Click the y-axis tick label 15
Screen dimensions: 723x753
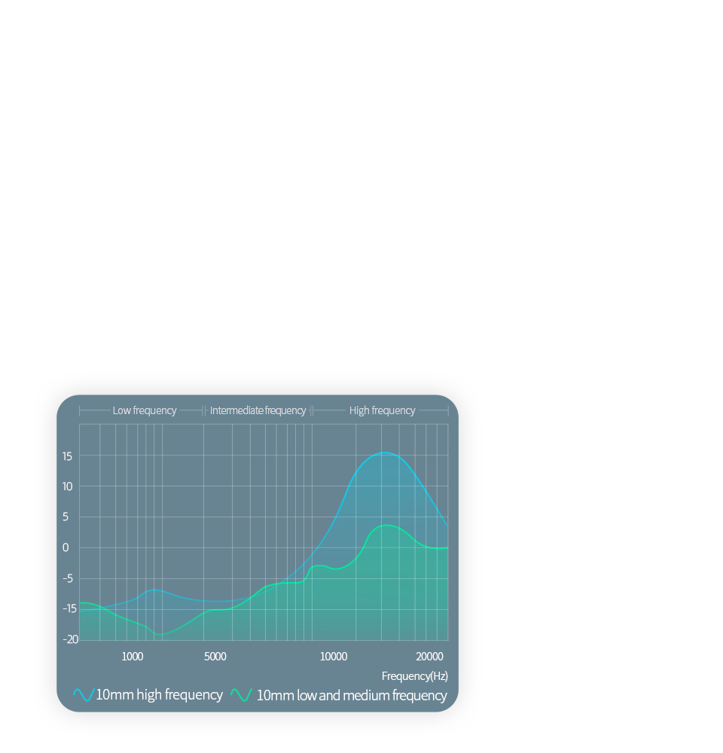tap(67, 456)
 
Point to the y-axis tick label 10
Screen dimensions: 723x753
tap(67, 486)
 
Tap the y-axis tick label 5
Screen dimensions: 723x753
tap(66, 517)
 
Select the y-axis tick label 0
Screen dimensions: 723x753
tap(66, 547)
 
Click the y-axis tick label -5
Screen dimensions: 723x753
tap(68, 578)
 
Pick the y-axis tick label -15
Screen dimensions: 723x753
tap(69, 608)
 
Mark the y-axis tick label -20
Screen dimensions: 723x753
tap(70, 639)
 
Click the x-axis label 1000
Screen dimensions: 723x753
tap(132, 657)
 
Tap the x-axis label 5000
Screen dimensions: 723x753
tap(215, 657)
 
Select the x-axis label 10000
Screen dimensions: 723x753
tap(334, 657)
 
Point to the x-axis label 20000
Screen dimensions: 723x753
tap(429, 657)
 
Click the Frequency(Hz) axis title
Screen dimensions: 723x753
tap(414, 676)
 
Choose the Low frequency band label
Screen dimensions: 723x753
tap(145, 410)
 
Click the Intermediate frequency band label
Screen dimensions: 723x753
tap(258, 410)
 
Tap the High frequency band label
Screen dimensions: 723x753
tap(382, 410)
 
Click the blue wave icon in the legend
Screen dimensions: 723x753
tap(84, 695)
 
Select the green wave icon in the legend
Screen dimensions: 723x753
tap(242, 695)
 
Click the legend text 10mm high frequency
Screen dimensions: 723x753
tap(159, 695)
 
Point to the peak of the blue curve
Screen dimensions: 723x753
tap(384, 453)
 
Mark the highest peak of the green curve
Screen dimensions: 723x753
tap(386, 526)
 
